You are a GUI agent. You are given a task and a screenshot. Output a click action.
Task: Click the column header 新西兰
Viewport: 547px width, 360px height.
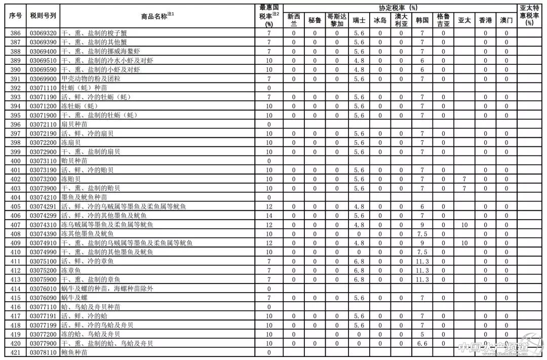(x=293, y=20)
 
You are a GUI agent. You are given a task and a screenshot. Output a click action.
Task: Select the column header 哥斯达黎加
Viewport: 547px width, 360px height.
(x=336, y=20)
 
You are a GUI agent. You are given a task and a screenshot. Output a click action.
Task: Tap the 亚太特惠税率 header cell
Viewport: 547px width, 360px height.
(x=530, y=16)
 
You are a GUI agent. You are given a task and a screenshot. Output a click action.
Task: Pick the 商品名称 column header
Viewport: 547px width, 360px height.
(x=157, y=16)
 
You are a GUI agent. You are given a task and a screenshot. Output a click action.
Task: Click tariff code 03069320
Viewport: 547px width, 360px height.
(x=43, y=33)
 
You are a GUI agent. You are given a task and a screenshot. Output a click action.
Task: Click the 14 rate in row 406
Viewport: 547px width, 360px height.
(x=269, y=216)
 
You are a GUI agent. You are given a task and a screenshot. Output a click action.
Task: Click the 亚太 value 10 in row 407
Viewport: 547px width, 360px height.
(x=464, y=225)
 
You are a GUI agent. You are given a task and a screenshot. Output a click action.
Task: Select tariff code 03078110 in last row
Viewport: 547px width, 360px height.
(x=43, y=352)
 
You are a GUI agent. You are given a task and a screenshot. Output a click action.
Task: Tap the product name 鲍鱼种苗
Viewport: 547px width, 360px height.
(x=74, y=352)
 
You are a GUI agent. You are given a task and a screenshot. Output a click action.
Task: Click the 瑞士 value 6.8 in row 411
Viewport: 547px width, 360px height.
(x=359, y=261)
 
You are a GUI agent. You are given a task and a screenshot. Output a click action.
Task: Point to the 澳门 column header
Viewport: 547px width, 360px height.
(x=505, y=20)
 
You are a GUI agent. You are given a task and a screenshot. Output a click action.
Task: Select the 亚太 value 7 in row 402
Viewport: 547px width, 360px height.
(x=464, y=179)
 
